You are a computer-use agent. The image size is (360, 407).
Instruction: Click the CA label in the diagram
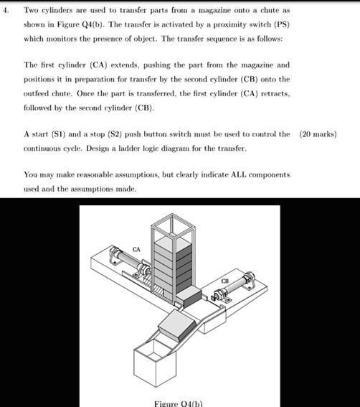click(136, 249)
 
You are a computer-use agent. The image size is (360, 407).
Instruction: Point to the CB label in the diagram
click(224, 281)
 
